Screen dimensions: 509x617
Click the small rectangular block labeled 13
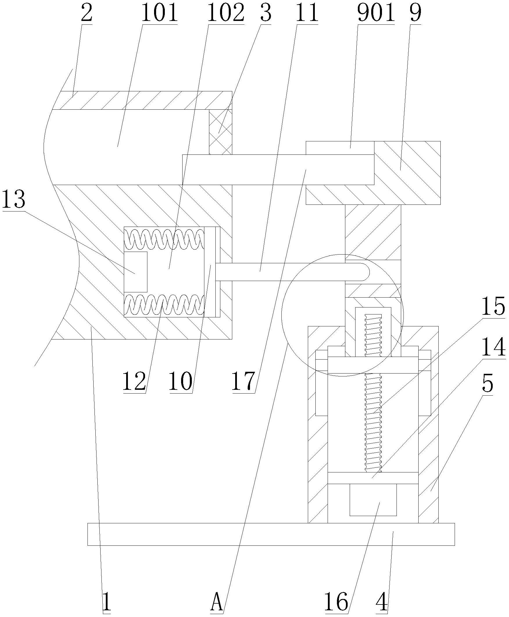click(135, 272)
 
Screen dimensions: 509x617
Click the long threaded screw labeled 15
click(373, 425)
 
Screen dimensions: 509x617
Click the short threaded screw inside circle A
click(373, 335)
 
